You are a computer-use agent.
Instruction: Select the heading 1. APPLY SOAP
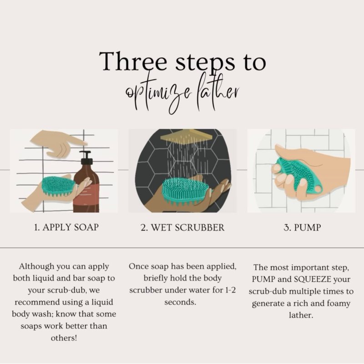point(66,227)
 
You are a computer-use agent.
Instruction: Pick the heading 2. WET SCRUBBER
point(182,227)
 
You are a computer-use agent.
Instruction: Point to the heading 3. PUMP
point(302,227)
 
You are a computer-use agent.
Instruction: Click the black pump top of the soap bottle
point(86,157)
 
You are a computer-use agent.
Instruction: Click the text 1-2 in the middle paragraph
point(231,290)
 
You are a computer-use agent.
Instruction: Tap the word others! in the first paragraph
point(64,338)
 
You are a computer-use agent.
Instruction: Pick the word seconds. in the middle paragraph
point(180,302)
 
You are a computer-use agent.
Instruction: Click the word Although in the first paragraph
point(37,267)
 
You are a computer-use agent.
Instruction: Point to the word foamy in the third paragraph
point(339,303)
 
